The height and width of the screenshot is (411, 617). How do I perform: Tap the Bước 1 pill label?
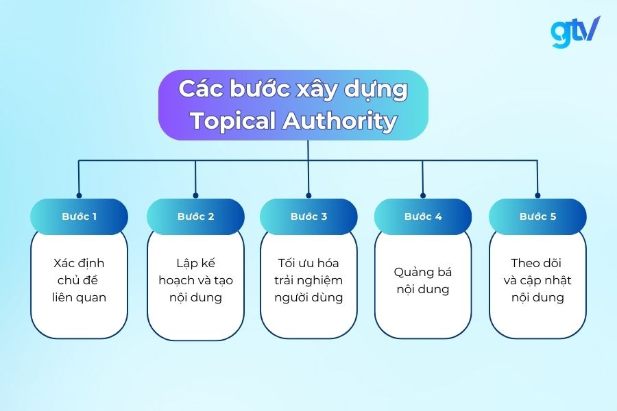79,216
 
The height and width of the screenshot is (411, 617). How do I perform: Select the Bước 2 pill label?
195,216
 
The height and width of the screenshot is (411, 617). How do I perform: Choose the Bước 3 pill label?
308,216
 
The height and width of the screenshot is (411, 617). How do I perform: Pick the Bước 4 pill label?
423,216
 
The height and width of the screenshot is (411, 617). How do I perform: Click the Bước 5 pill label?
537,216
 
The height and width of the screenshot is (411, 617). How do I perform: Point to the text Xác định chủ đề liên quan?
79,280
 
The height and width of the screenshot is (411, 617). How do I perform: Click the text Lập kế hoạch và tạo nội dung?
195,280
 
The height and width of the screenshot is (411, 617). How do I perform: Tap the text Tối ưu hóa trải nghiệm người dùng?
308,280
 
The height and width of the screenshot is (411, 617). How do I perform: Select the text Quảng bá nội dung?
423,280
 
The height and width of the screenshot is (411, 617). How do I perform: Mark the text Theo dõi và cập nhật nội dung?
537,280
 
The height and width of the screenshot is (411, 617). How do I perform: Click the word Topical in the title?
232,121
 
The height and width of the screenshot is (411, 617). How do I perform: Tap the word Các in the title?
197,89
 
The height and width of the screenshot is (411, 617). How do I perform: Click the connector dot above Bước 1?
79,195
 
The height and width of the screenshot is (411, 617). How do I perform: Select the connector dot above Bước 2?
195,195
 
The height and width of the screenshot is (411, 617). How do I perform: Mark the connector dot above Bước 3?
308,195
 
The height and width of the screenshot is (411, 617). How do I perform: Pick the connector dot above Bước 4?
423,195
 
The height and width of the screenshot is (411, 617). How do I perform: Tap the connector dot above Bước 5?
537,195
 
